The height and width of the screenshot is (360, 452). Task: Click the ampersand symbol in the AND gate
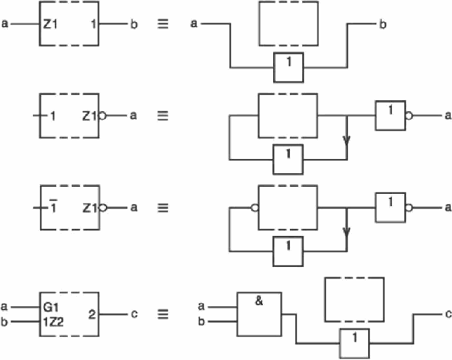coord(259,301)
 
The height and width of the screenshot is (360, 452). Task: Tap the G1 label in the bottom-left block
coord(51,308)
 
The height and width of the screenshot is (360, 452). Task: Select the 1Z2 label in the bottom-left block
coord(53,322)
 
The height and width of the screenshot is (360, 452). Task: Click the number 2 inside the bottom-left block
coord(92,314)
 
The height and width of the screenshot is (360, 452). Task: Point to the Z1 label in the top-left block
coord(50,24)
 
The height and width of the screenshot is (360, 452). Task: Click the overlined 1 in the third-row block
coord(53,206)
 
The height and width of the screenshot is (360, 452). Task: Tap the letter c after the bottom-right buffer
coord(448,313)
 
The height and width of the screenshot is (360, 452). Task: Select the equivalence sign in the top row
coord(163,24)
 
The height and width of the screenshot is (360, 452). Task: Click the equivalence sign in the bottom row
coord(163,314)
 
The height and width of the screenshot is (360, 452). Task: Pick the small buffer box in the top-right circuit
coord(289,67)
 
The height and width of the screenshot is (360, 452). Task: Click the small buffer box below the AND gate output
coord(354,344)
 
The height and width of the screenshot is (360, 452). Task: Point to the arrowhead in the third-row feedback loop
coord(347,232)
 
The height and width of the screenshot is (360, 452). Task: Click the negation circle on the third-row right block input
coord(255,207)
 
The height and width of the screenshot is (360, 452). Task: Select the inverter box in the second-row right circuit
coord(390,116)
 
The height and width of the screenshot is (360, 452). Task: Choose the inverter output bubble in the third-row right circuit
coord(409,207)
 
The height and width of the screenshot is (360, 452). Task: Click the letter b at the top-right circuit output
coord(383,24)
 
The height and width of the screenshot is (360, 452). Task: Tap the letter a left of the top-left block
coord(5,23)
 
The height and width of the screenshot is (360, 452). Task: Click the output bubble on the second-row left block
coord(102,116)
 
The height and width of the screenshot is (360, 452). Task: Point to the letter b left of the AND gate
coord(201,321)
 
